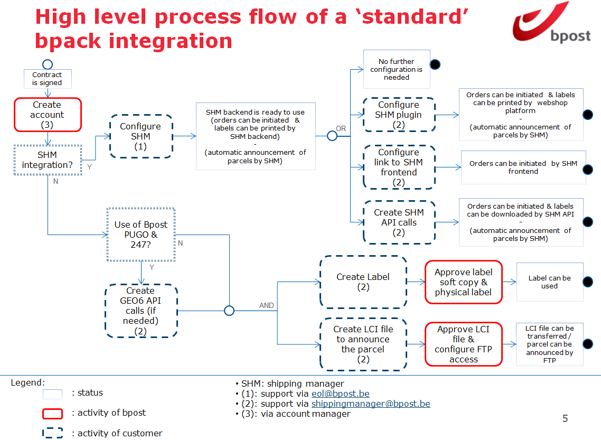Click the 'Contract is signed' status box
point(47,79)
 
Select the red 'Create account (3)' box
point(48,115)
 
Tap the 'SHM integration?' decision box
point(48,160)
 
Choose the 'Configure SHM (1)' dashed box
point(141,136)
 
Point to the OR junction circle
point(332,136)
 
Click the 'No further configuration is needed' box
point(397,69)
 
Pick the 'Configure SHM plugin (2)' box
point(399,115)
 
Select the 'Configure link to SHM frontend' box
point(399,167)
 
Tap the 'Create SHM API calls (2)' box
point(399,222)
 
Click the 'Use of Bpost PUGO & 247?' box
point(141,235)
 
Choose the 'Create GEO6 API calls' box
point(141,311)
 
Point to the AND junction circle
point(229,311)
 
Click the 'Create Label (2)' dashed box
point(363,282)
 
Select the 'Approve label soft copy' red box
point(463,282)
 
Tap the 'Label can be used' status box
point(549,282)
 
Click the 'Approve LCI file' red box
point(463,344)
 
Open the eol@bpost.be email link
point(340,394)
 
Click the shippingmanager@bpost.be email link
point(370,404)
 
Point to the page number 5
point(565,419)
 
